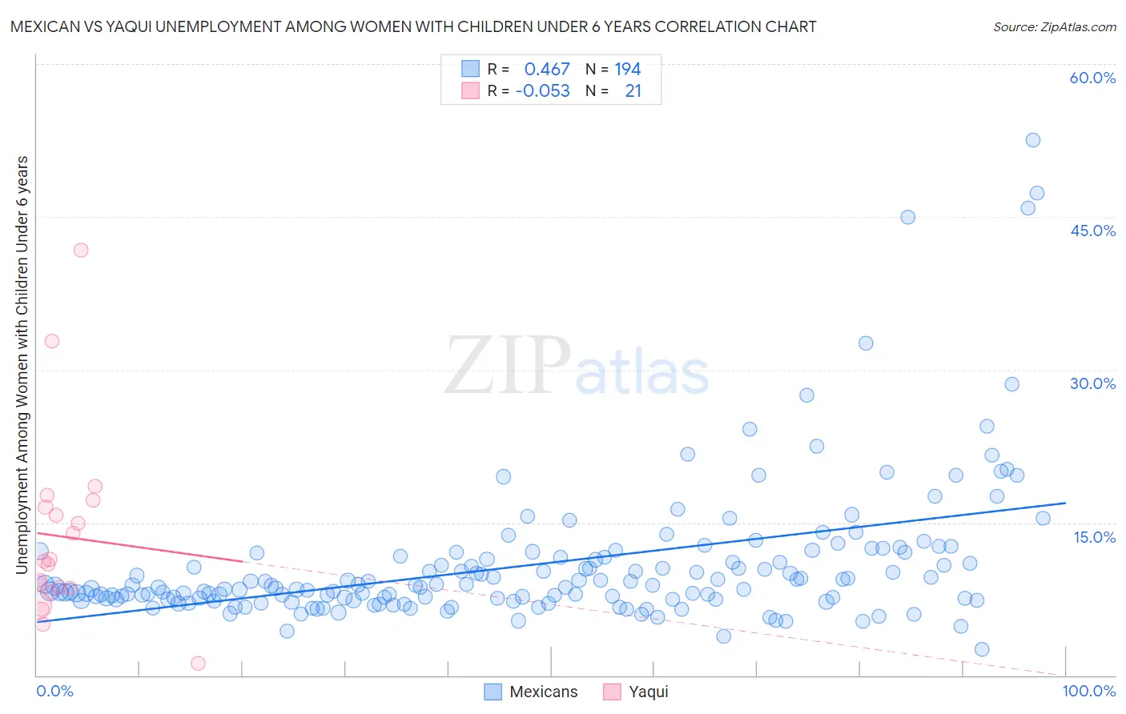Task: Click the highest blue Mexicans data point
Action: [1033, 140]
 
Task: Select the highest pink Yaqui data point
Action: [81, 250]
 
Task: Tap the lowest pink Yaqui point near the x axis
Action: [198, 663]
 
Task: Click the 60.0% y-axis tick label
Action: [1092, 78]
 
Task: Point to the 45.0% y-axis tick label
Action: [1092, 231]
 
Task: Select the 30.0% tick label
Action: [1092, 383]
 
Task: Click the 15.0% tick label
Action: [1094, 537]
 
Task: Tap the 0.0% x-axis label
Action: [54, 691]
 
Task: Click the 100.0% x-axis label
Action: [1088, 691]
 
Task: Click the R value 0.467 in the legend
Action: [547, 70]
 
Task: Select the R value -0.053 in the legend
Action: [543, 91]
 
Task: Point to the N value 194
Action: [628, 70]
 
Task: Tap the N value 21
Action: [633, 91]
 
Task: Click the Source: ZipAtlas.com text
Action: [1054, 26]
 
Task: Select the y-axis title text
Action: [22, 364]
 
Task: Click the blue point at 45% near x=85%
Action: [907, 217]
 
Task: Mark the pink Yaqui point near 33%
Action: [52, 341]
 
